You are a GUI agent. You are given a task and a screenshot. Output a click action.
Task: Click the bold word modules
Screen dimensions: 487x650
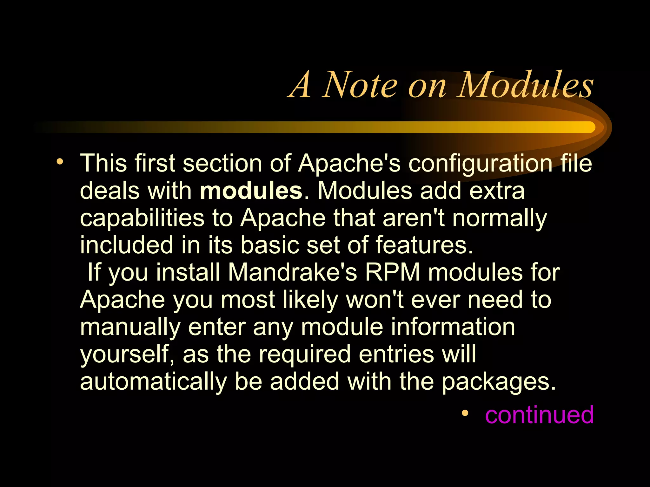pyautogui.click(x=251, y=191)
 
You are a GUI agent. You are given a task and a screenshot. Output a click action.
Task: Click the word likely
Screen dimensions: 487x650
pyautogui.click(x=310, y=300)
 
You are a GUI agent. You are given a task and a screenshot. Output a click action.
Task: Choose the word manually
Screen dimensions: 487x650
pyautogui.click(x=130, y=328)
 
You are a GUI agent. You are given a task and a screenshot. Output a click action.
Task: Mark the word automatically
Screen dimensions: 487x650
pyautogui.click(x=153, y=382)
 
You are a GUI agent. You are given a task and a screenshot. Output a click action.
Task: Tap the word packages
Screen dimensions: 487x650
pyautogui.click(x=499, y=382)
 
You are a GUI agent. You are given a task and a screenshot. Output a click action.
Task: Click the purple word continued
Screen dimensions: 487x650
pyautogui.click(x=539, y=414)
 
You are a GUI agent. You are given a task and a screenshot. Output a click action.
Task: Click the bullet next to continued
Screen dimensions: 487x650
pyautogui.click(x=465, y=413)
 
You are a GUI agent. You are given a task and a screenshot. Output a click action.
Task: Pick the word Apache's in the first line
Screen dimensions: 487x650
pyautogui.click(x=349, y=164)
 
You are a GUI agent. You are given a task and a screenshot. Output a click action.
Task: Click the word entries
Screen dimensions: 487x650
pyautogui.click(x=396, y=354)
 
